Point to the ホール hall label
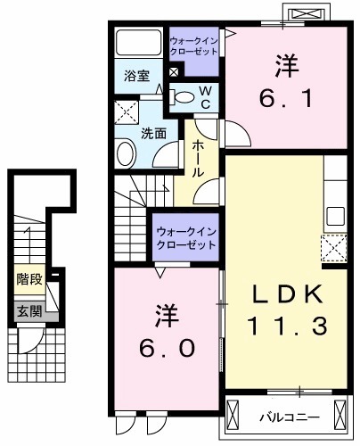[x=198, y=158]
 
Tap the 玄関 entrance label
[x=29, y=311]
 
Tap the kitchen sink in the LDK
[x=336, y=215]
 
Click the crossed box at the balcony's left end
[x=235, y=415]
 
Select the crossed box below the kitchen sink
[x=334, y=245]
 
